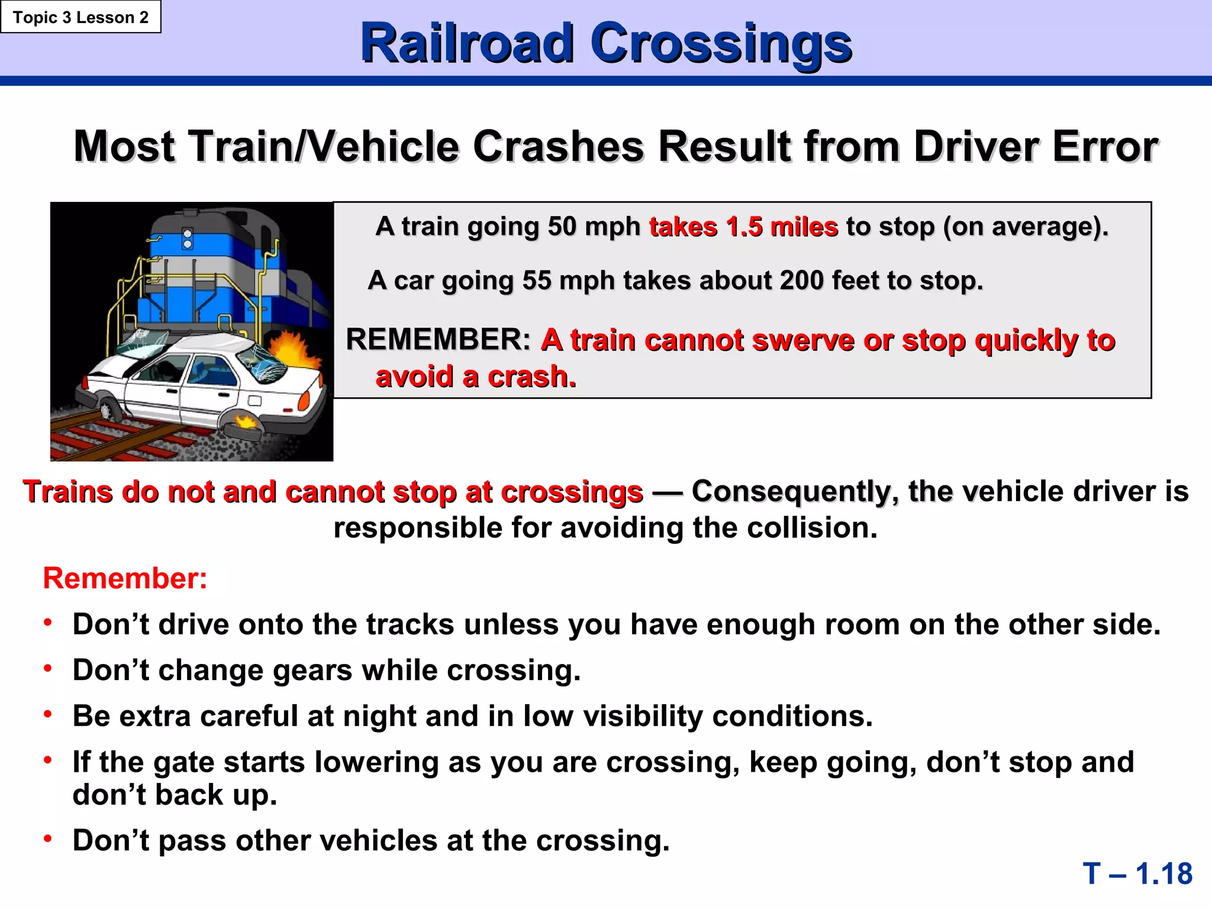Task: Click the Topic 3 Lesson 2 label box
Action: (80, 17)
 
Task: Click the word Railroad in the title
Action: (468, 43)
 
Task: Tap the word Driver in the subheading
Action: (976, 147)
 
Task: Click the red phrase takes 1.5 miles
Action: (743, 227)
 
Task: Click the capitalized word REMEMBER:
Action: (438, 340)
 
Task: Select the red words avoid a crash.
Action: (476, 377)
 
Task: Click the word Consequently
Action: (791, 492)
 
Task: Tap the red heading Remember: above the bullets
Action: (125, 578)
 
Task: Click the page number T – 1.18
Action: (1137, 873)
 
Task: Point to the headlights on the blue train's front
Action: (188, 238)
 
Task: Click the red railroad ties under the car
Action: (112, 438)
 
